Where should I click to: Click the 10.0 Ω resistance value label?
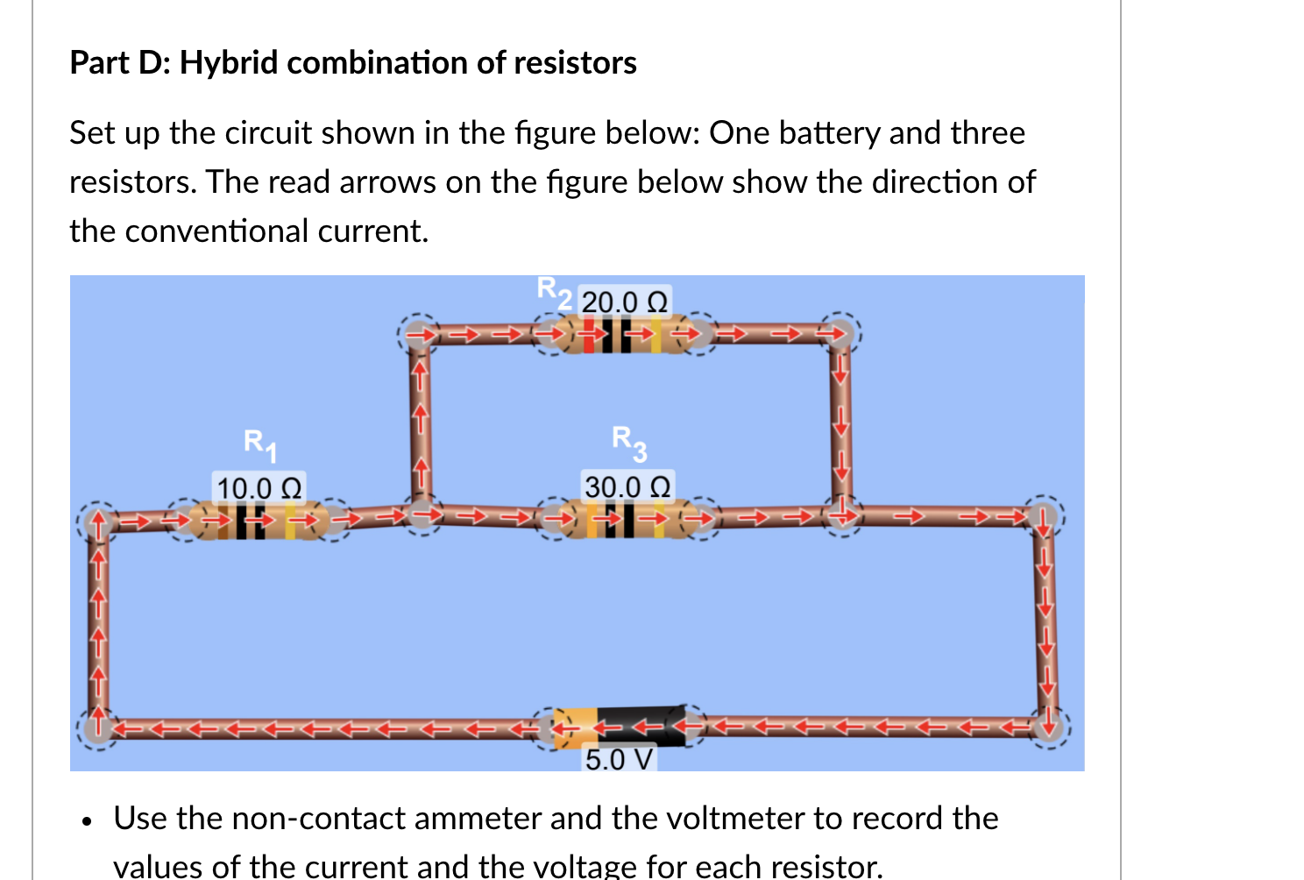tap(259, 487)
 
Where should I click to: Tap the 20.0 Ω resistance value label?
tap(624, 302)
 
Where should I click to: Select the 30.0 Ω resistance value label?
tap(627, 486)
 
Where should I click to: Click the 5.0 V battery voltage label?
tap(619, 759)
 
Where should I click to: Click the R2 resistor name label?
tap(555, 292)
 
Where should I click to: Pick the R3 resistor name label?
tap(629, 442)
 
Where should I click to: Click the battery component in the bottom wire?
tap(620, 727)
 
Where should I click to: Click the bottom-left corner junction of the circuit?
tap(97, 727)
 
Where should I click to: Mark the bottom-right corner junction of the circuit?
tap(1046, 726)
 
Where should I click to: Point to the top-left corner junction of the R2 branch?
tap(419, 334)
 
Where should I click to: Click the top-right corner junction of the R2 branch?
tap(840, 333)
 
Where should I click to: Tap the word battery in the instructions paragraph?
tap(830, 133)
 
